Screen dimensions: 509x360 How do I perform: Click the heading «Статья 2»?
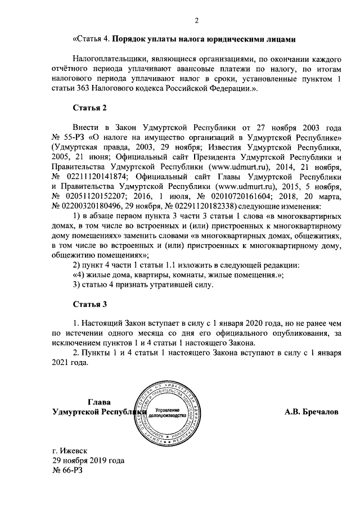pos(89,107)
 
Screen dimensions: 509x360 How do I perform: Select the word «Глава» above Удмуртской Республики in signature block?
pos(100,402)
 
